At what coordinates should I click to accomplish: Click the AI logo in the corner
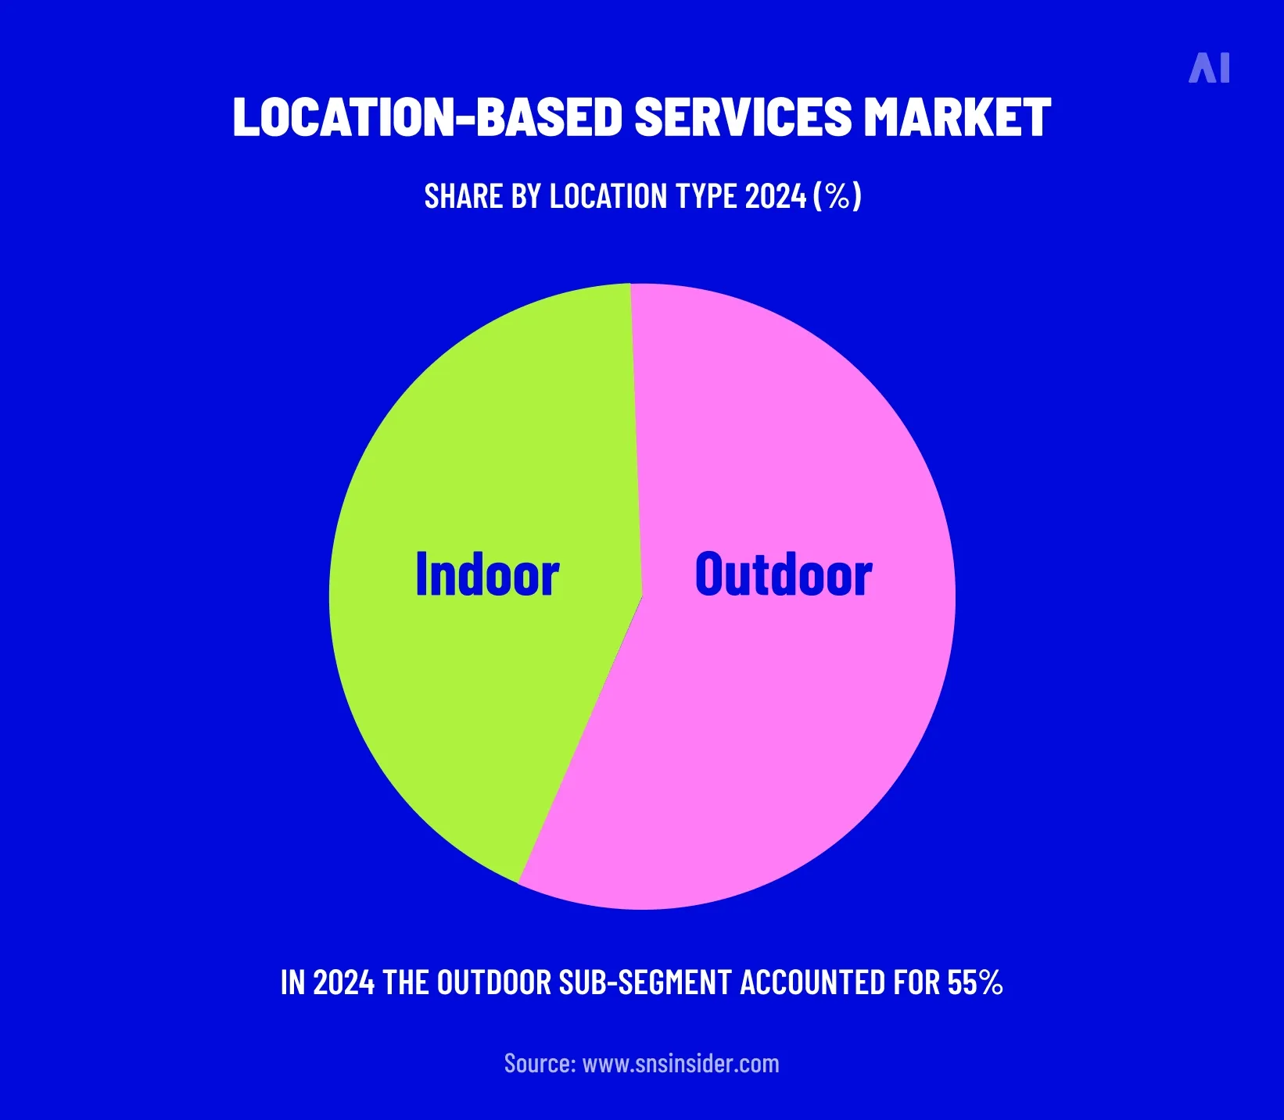click(x=1209, y=68)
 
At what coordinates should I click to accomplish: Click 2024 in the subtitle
click(x=775, y=196)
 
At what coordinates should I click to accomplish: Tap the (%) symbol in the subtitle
click(x=837, y=196)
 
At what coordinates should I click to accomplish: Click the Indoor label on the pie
click(x=487, y=574)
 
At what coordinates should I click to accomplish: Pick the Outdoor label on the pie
click(x=784, y=574)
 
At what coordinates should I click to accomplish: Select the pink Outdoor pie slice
click(x=782, y=742)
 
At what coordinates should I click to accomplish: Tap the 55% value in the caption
click(x=974, y=983)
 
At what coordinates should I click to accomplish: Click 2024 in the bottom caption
click(x=343, y=983)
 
